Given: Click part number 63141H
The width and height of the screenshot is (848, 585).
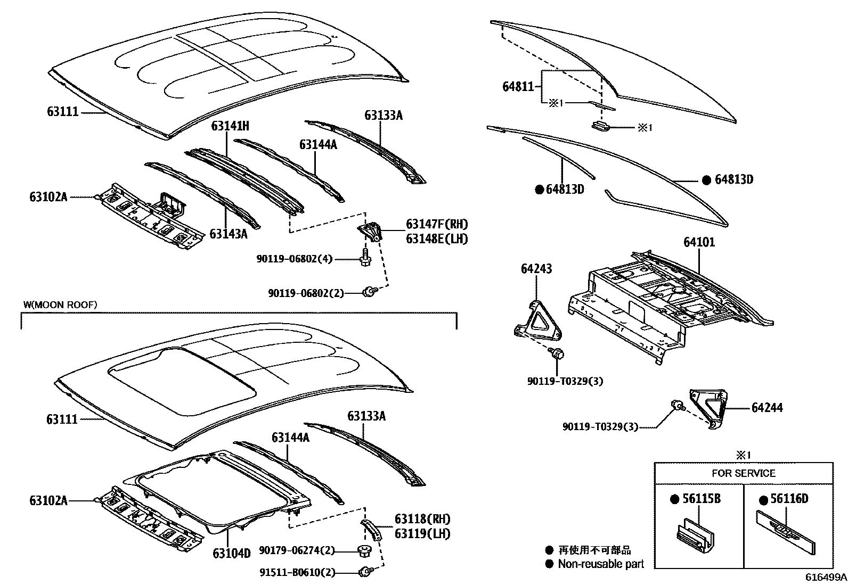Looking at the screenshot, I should click(x=230, y=126).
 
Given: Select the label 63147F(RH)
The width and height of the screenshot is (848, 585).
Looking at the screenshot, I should click(x=437, y=225).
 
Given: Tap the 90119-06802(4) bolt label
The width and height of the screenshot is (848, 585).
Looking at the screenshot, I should click(x=294, y=259).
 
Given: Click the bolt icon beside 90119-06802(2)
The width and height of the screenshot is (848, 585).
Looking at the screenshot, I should click(x=369, y=291).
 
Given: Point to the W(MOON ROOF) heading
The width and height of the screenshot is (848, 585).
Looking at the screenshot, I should click(x=60, y=304).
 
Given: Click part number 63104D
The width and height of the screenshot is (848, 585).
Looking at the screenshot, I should click(x=231, y=553).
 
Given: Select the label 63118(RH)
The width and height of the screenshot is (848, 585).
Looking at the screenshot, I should click(x=422, y=519).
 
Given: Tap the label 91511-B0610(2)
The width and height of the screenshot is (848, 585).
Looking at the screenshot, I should click(x=298, y=573).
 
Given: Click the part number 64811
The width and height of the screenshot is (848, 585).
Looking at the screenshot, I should click(x=518, y=86).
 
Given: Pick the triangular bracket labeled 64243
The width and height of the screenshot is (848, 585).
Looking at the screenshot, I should click(x=537, y=320).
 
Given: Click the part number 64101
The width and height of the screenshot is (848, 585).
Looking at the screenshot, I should click(x=699, y=243).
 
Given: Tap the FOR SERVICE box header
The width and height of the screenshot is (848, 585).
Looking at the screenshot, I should click(x=744, y=473).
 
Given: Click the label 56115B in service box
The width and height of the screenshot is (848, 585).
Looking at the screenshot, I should click(x=702, y=499).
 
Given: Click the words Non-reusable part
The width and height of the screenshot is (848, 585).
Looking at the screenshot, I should click(x=601, y=564).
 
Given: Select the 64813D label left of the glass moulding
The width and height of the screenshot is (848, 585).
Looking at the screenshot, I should click(x=565, y=189).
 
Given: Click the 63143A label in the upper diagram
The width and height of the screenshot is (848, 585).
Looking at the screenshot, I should click(x=229, y=234).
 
